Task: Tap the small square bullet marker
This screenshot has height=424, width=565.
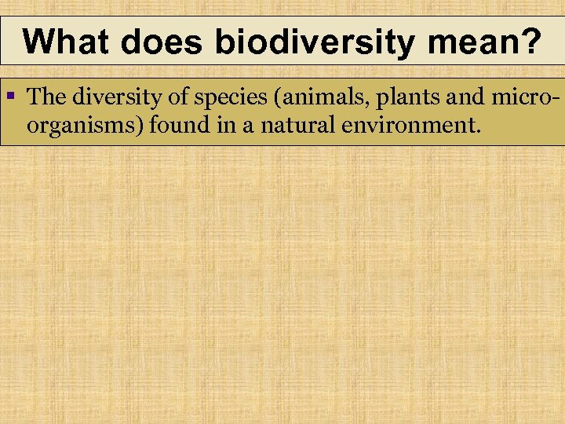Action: [x=11, y=96]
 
